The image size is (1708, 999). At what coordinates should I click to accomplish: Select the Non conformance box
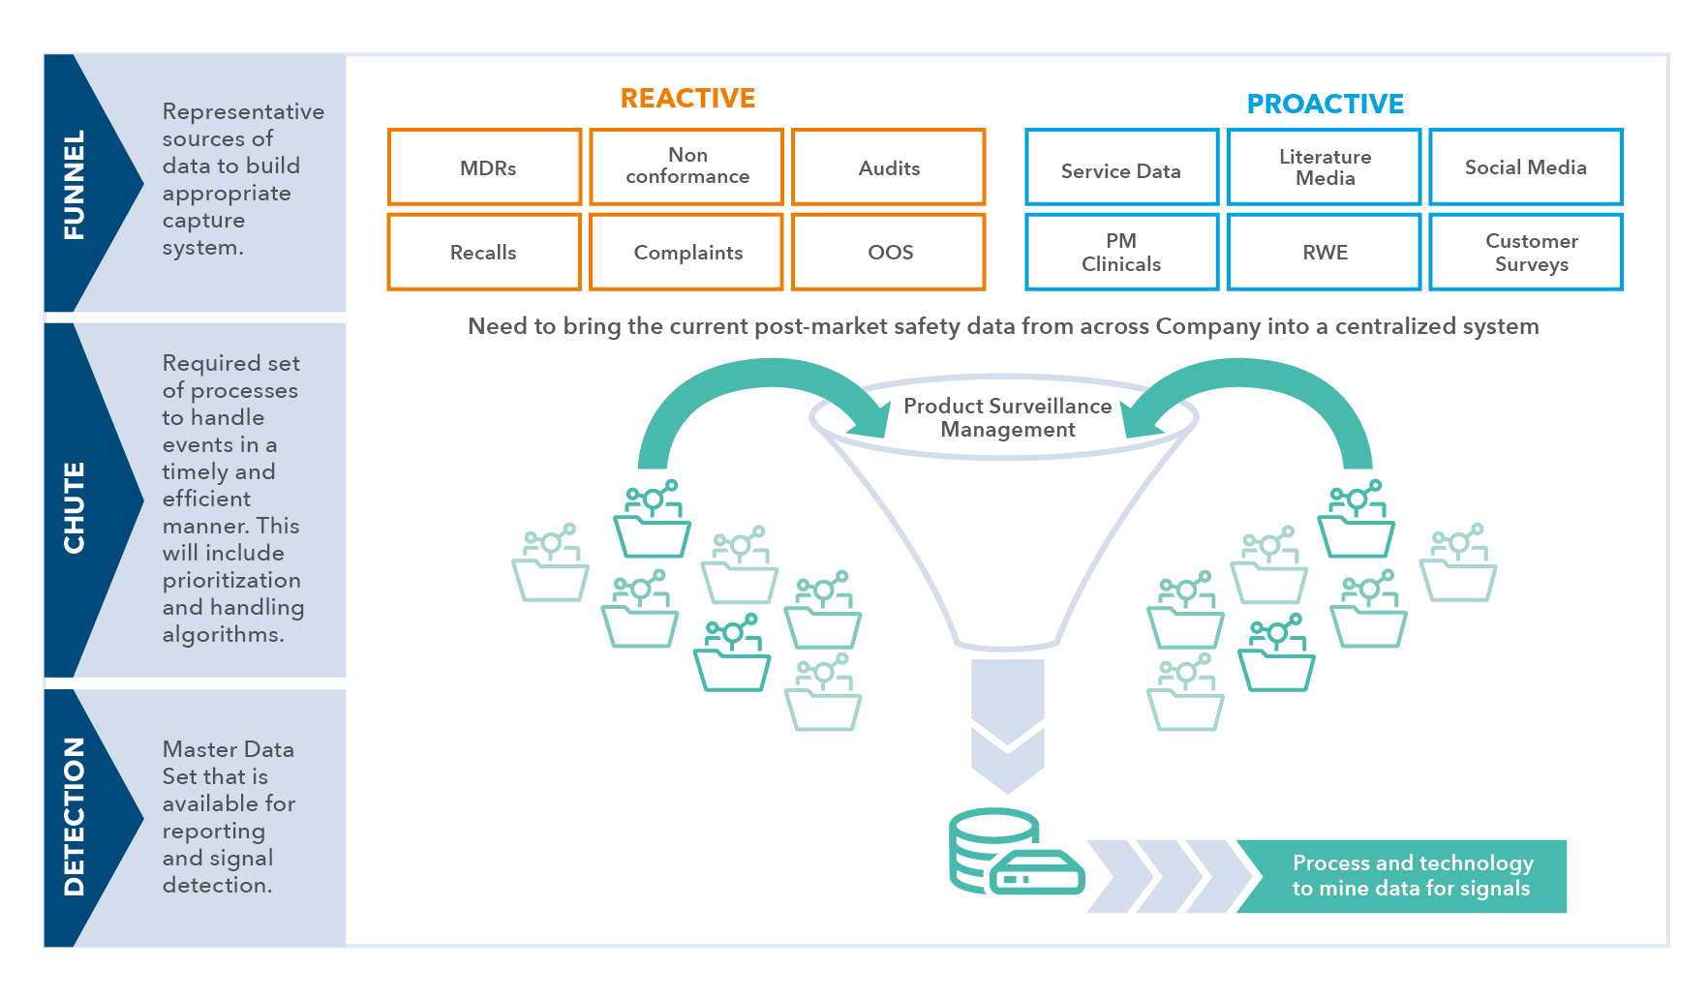(686, 166)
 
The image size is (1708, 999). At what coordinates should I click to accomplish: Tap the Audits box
(889, 167)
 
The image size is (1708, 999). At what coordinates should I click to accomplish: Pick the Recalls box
(484, 252)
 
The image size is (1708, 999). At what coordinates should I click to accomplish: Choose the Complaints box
(686, 252)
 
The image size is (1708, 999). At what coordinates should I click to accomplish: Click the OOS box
(889, 252)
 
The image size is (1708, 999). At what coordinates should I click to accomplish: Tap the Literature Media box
(1325, 167)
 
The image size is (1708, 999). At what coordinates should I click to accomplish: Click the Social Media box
(1526, 167)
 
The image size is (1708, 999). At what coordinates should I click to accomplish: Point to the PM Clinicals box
(1121, 252)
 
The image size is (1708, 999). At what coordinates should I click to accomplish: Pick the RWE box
(1325, 252)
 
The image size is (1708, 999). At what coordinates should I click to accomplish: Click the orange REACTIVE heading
(687, 99)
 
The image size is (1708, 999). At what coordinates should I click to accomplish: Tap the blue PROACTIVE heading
(1325, 104)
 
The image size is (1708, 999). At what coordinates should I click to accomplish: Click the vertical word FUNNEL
(75, 184)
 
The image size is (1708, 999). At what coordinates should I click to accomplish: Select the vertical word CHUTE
(75, 507)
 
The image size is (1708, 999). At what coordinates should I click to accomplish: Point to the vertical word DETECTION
(75, 815)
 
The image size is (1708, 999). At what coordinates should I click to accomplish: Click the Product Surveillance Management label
(1007, 417)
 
